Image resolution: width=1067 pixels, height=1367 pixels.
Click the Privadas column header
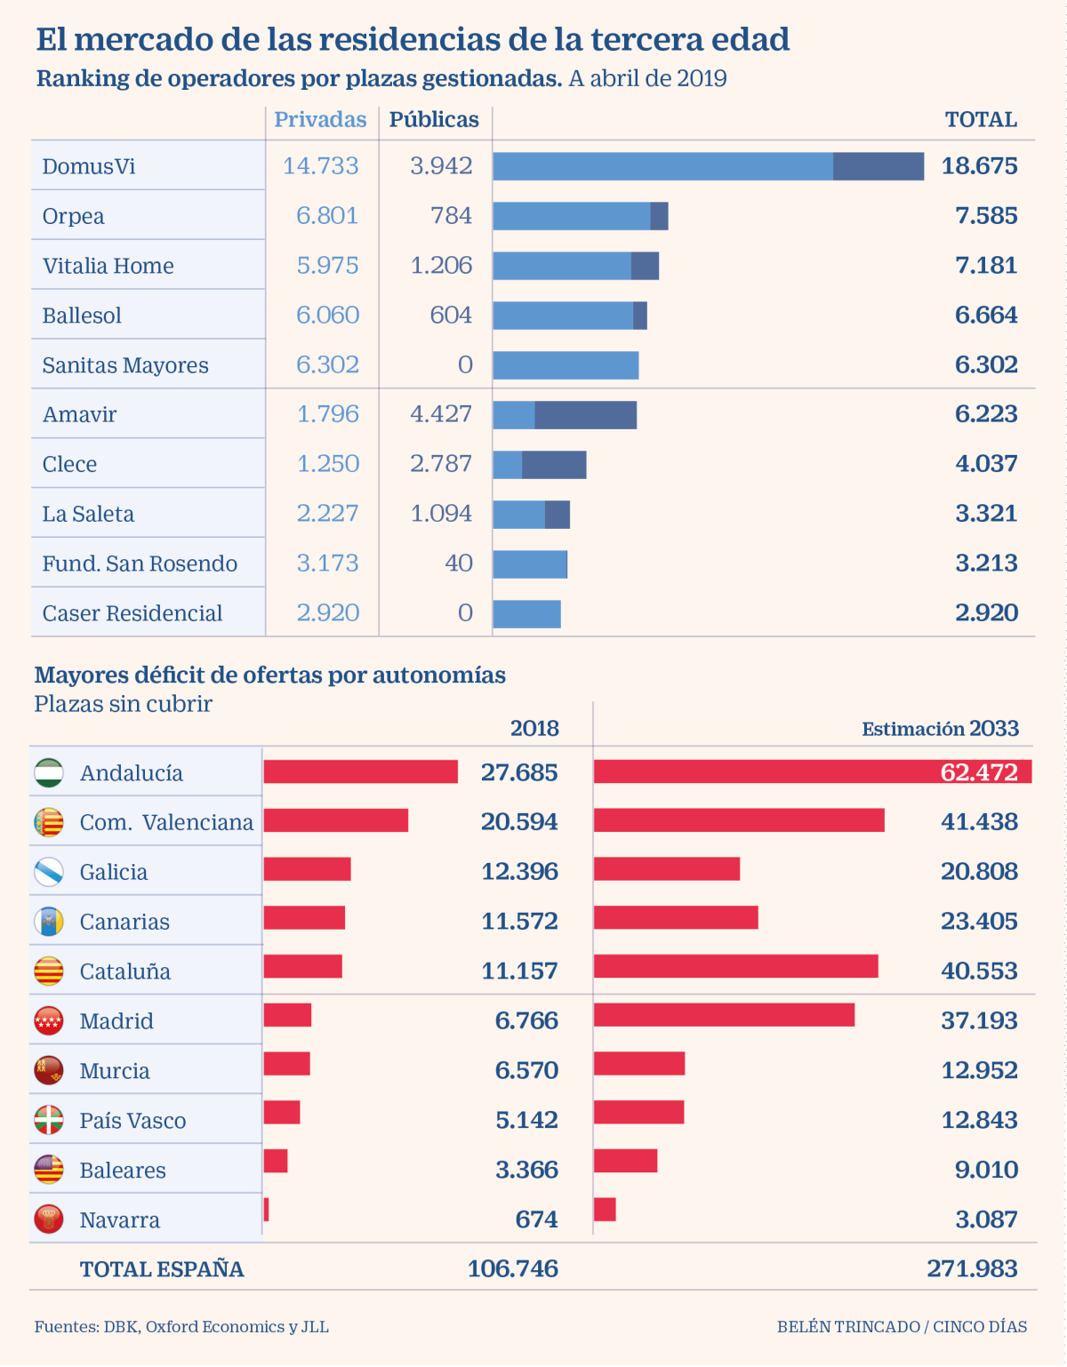pos(320,120)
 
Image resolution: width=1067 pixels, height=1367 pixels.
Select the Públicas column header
pos(434,120)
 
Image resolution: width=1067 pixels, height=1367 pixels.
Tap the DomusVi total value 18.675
pos(979,166)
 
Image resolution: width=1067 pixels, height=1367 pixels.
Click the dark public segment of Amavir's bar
pos(585,415)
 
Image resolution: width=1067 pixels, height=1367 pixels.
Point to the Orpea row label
pos(74,216)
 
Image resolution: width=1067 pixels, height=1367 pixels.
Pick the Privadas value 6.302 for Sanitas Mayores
pos(327,365)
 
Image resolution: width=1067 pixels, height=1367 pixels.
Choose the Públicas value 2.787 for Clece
pos(441,464)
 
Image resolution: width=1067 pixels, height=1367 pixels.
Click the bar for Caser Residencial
pos(527,614)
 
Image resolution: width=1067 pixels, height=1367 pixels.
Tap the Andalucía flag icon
pos(49,773)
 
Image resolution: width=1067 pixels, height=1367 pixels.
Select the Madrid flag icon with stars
pos(49,1021)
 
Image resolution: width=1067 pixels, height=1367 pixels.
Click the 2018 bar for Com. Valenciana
pos(336,820)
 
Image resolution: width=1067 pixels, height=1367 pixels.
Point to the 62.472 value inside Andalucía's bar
pos(979,772)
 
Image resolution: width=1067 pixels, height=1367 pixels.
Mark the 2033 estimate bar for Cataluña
pos(735,966)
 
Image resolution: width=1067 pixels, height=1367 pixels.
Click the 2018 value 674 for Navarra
pos(536,1219)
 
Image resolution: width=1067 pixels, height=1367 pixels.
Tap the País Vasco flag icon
pos(49,1120)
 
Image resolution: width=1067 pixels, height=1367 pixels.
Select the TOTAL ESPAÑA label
pos(162,1269)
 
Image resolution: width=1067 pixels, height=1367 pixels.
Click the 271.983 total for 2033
pos(972,1269)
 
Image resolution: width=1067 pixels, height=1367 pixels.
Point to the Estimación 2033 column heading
pos(940,730)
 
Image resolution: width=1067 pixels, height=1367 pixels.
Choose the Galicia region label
pos(114,872)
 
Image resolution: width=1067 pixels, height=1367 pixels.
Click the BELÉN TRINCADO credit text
pos(847,1327)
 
